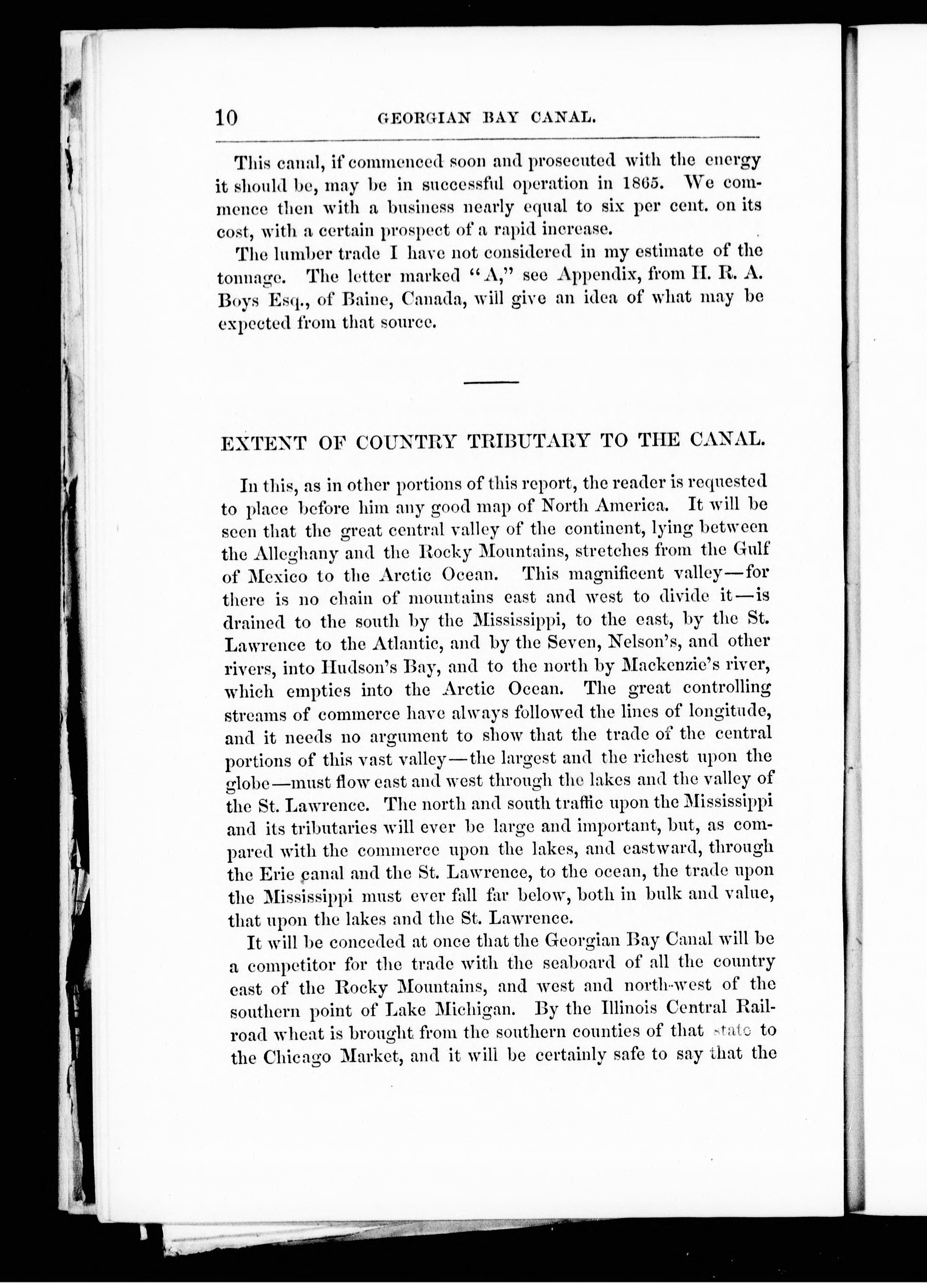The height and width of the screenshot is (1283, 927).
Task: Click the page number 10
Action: pyautogui.click(x=226, y=117)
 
